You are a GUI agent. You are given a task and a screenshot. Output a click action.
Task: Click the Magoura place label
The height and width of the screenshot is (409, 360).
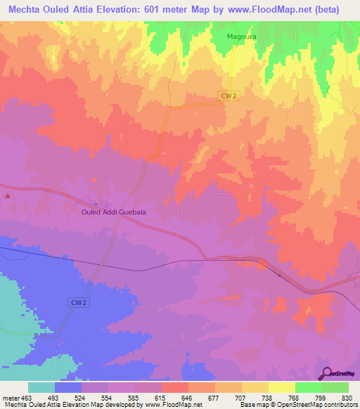point(240,35)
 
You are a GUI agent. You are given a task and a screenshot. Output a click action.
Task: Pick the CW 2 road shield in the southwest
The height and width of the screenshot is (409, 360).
point(79,302)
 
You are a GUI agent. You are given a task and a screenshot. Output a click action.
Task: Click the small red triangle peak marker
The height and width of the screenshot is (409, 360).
point(8,196)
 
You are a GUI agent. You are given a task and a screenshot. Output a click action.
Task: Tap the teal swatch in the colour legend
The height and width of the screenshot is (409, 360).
point(41,387)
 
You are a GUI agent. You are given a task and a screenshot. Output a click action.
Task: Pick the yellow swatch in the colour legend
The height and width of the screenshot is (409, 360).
point(281,387)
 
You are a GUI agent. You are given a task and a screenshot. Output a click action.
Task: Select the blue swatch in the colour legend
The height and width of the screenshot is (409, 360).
point(68,387)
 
